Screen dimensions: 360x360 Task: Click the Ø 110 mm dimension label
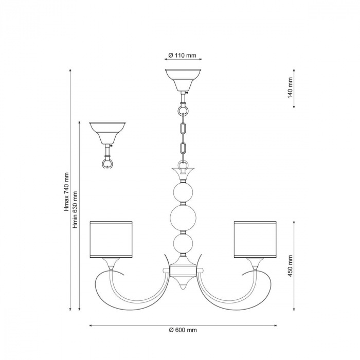(182, 56)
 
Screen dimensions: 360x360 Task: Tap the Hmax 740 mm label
(66, 192)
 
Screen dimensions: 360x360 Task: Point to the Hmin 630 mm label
(75, 209)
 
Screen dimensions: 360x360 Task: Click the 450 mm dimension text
(290, 266)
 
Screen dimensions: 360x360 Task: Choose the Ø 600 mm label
(183, 330)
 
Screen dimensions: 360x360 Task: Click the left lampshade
(111, 240)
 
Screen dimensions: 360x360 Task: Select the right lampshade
(255, 240)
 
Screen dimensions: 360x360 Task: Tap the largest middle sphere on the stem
(183, 219)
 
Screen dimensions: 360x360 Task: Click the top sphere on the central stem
(183, 192)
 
